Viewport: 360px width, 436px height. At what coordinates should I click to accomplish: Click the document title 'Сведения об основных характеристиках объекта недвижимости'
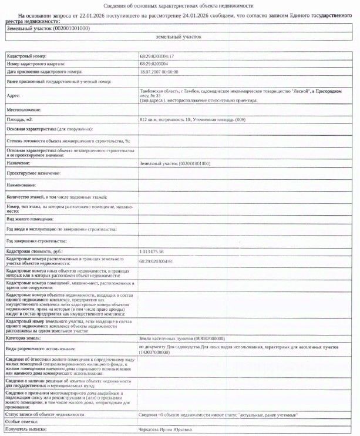(x=180, y=5)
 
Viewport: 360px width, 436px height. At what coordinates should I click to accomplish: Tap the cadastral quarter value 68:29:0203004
(x=154, y=63)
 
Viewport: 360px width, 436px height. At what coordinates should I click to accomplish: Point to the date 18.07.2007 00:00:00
(x=159, y=71)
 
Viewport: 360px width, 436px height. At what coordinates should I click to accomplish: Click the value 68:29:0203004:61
(x=157, y=261)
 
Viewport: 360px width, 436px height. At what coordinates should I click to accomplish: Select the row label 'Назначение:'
(x=19, y=163)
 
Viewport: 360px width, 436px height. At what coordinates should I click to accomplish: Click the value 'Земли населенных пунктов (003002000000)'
(x=182, y=338)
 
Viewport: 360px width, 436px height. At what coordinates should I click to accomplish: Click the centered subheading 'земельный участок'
(x=179, y=36)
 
